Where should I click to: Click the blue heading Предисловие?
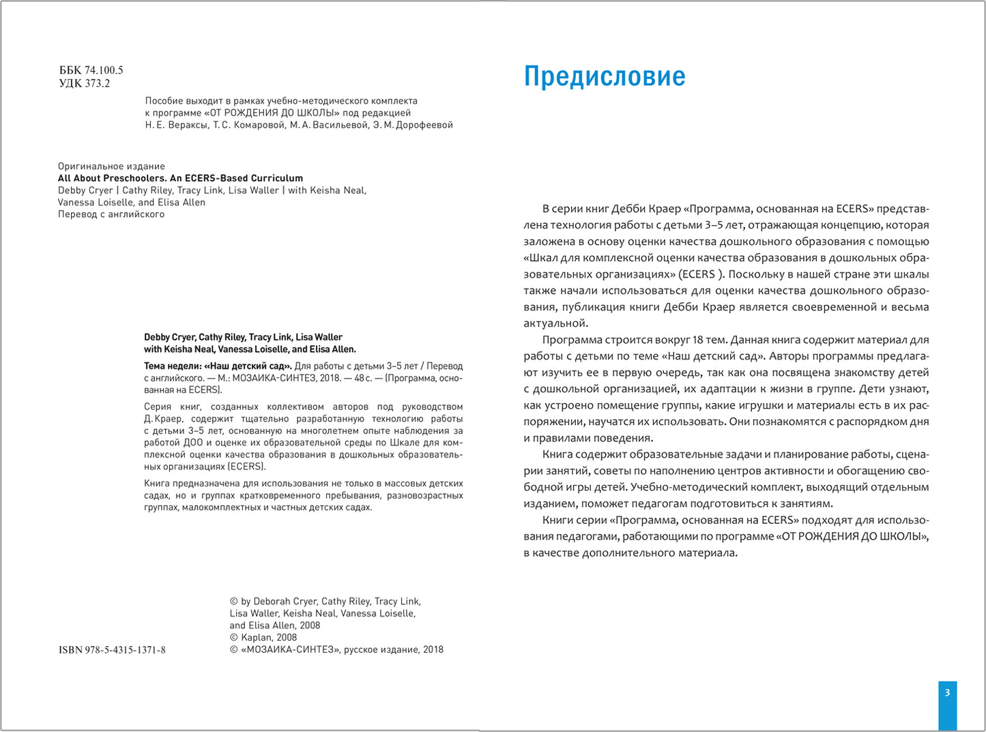click(x=604, y=76)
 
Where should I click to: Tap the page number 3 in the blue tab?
click(x=947, y=692)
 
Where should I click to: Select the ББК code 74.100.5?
click(x=104, y=70)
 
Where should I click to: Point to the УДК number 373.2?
click(x=98, y=84)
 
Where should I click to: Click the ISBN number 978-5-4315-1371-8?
click(x=125, y=650)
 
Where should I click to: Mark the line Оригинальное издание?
click(x=111, y=166)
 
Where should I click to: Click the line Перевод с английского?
click(x=111, y=214)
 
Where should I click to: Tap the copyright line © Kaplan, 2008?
click(x=263, y=637)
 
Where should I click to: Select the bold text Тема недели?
click(x=173, y=366)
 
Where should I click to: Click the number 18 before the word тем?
click(x=699, y=340)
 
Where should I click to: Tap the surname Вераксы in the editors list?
click(x=186, y=125)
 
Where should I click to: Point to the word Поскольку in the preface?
click(x=755, y=274)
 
